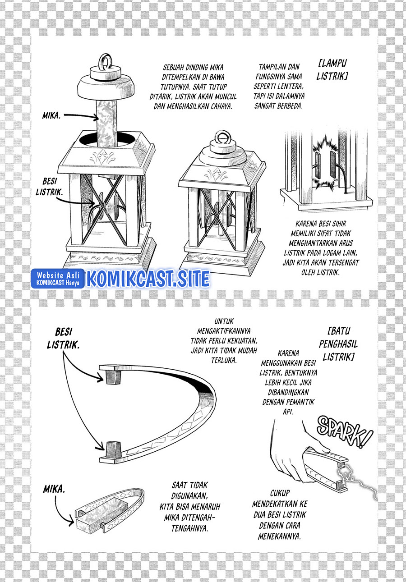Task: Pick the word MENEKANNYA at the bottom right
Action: click(x=280, y=536)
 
